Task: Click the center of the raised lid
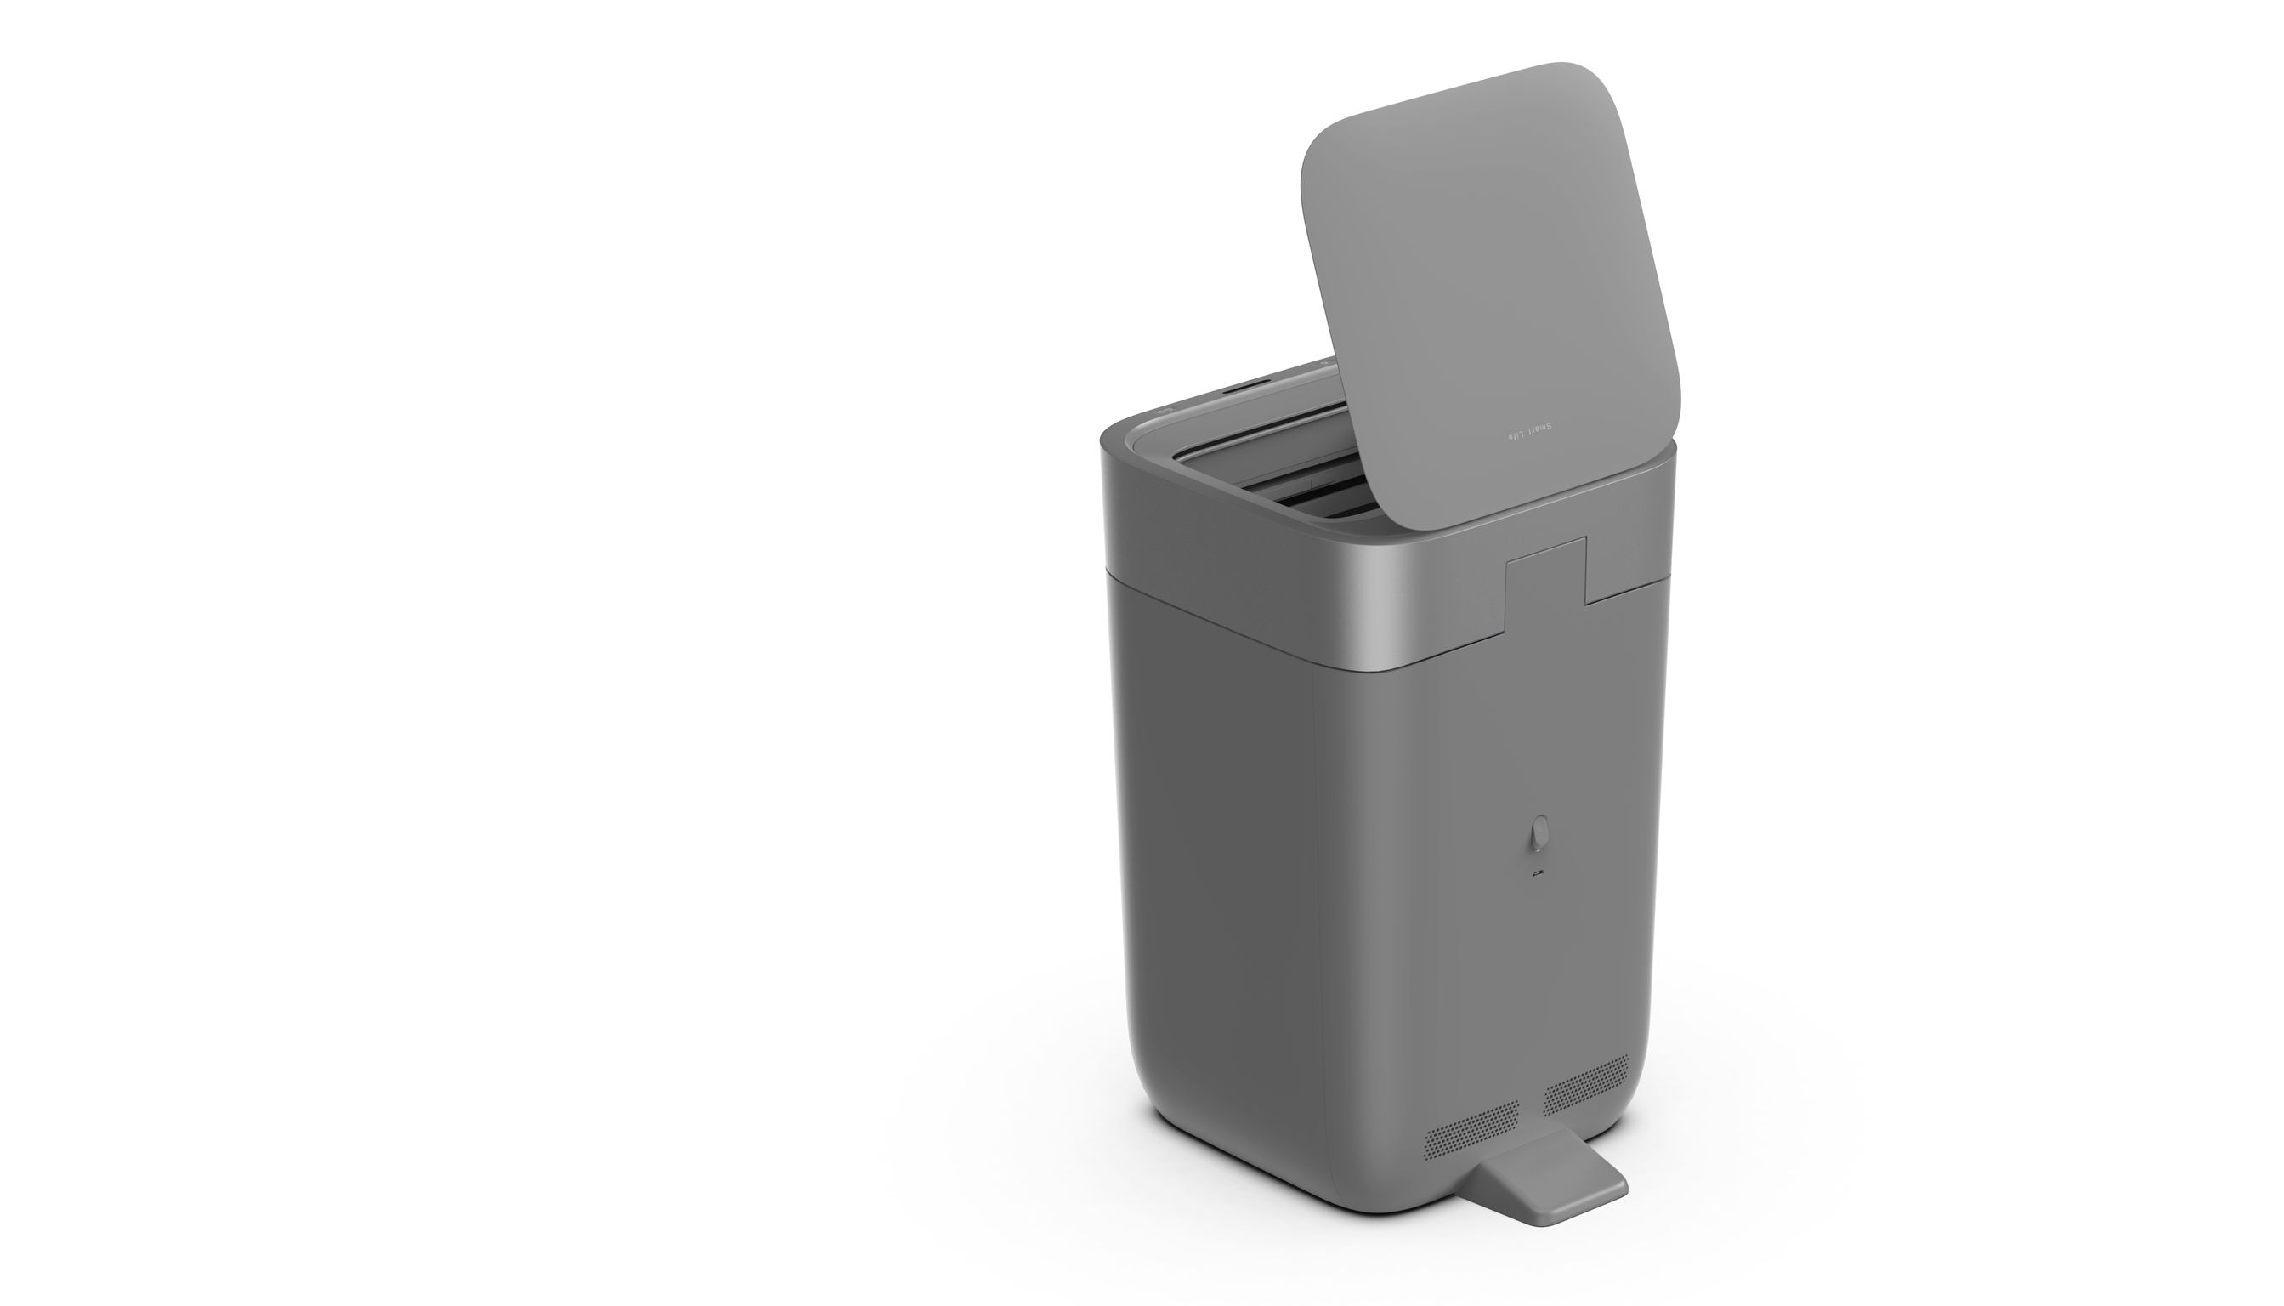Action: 1488,287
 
